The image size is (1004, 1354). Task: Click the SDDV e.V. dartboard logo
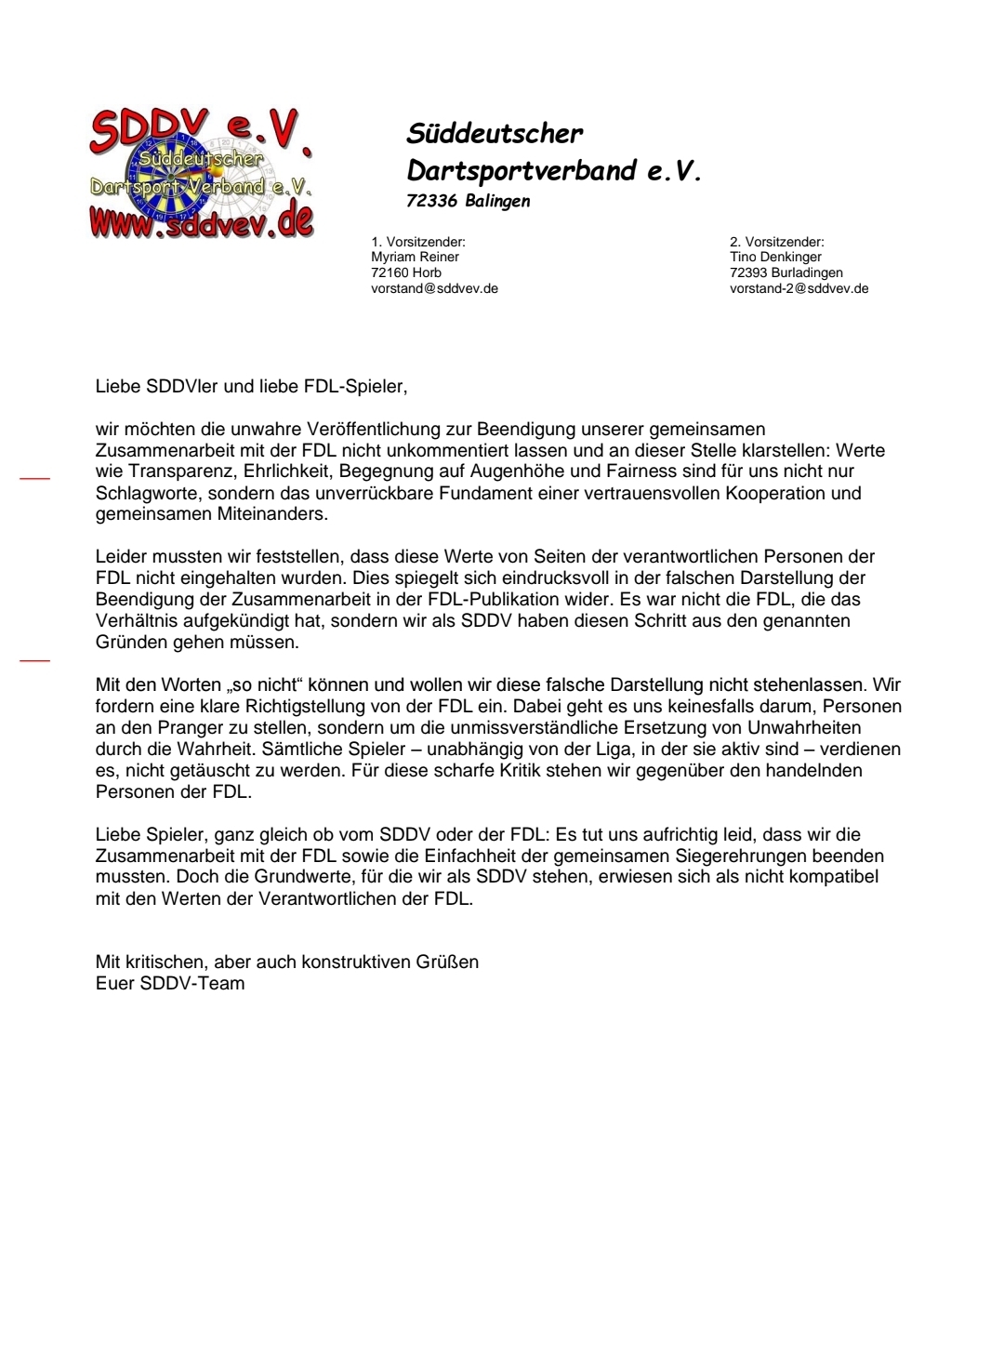click(x=201, y=175)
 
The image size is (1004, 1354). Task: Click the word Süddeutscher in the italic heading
click(x=495, y=134)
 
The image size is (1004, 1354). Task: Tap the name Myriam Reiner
click(x=415, y=258)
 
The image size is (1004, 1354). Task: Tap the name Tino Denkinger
click(x=777, y=258)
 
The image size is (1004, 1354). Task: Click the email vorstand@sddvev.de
click(x=434, y=289)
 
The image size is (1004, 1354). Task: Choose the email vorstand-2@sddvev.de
click(x=799, y=289)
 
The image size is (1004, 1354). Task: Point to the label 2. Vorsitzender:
click(x=776, y=242)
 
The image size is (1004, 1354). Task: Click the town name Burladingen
click(x=807, y=273)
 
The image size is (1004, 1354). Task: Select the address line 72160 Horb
click(x=406, y=273)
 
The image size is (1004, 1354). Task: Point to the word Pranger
click(x=178, y=728)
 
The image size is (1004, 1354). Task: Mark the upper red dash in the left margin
click(x=34, y=479)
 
